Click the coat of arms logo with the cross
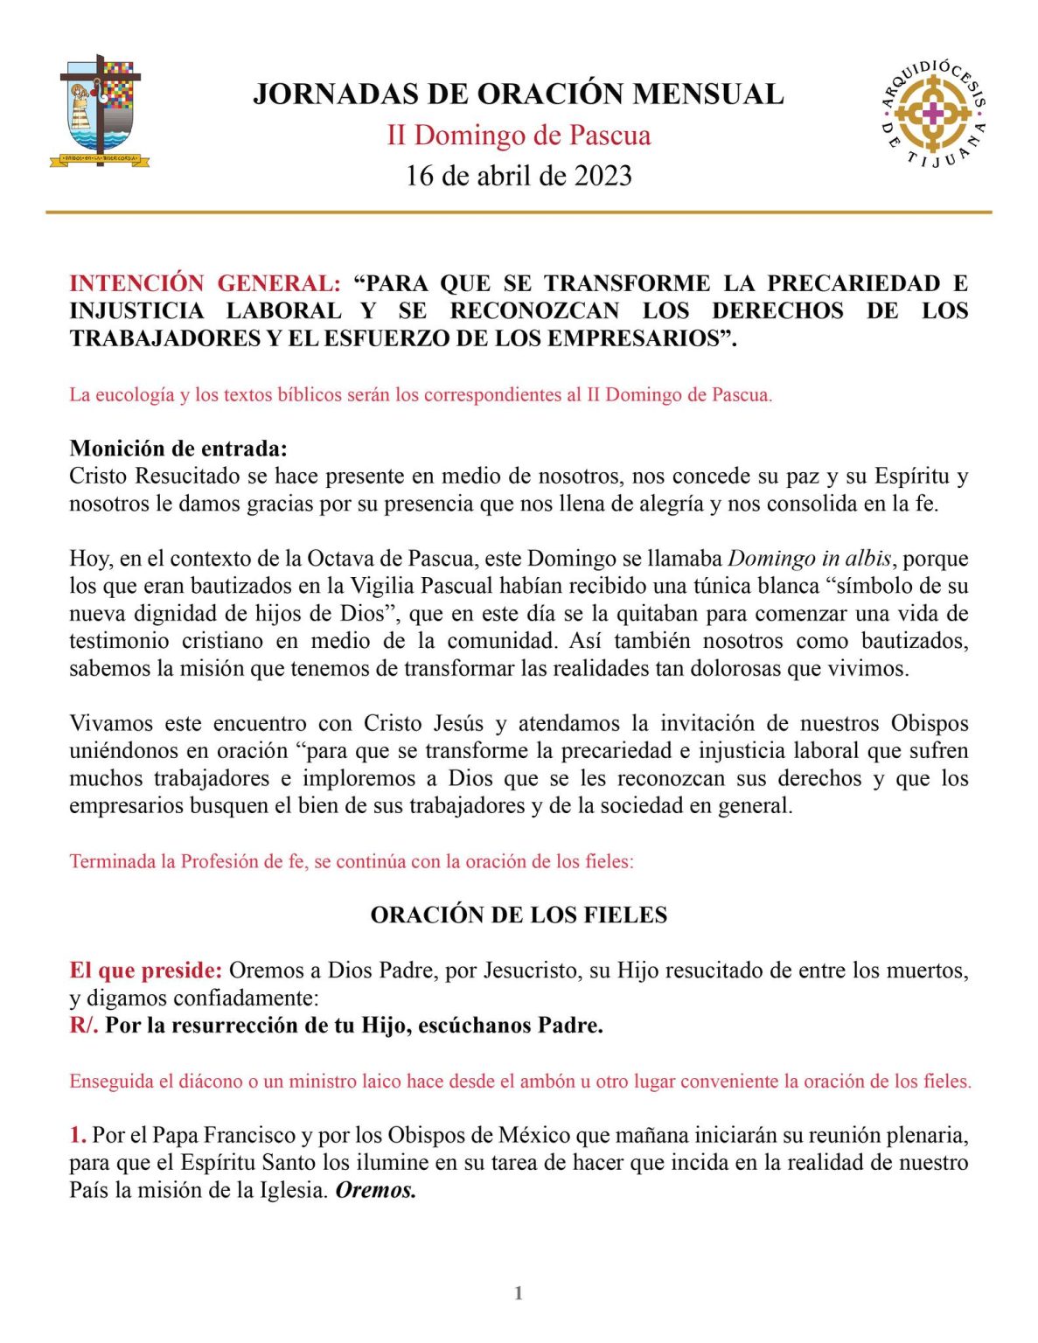[100, 111]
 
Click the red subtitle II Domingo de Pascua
[519, 136]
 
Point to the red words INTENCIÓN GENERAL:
[205, 283]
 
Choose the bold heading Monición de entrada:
[178, 449]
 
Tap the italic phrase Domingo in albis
[809, 559]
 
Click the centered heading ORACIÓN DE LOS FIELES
[519, 915]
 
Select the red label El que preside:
[146, 971]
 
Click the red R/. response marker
[83, 1026]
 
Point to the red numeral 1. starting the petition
[78, 1136]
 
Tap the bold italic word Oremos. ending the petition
[376, 1191]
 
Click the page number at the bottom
[519, 1293]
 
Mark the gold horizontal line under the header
[519, 212]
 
